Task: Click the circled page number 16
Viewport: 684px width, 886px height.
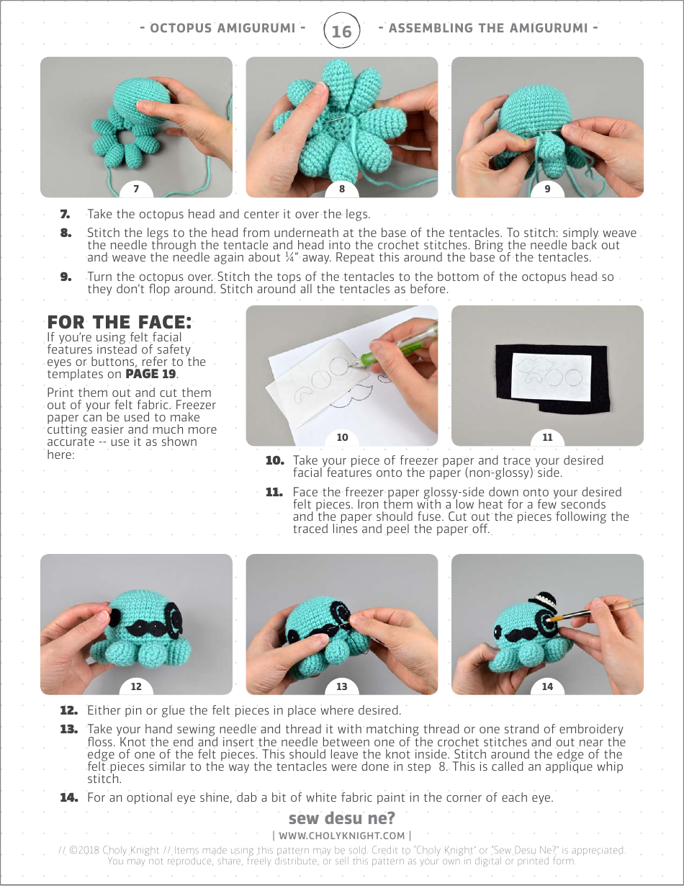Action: tap(341, 31)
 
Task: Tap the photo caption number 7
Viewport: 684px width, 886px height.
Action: tap(136, 189)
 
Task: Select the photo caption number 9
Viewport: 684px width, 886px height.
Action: tap(547, 189)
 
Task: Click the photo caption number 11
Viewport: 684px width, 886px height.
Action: tap(547, 438)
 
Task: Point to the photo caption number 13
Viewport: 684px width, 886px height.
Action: tap(341, 686)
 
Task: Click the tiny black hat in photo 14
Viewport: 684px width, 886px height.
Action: tap(541, 599)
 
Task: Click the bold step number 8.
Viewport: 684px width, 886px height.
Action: tap(66, 233)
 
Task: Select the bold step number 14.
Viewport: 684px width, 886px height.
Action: tap(69, 797)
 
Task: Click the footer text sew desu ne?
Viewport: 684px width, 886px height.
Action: tap(341, 819)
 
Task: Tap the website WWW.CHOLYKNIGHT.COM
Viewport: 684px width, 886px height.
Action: tap(341, 836)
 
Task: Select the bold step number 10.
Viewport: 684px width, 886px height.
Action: tap(274, 460)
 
